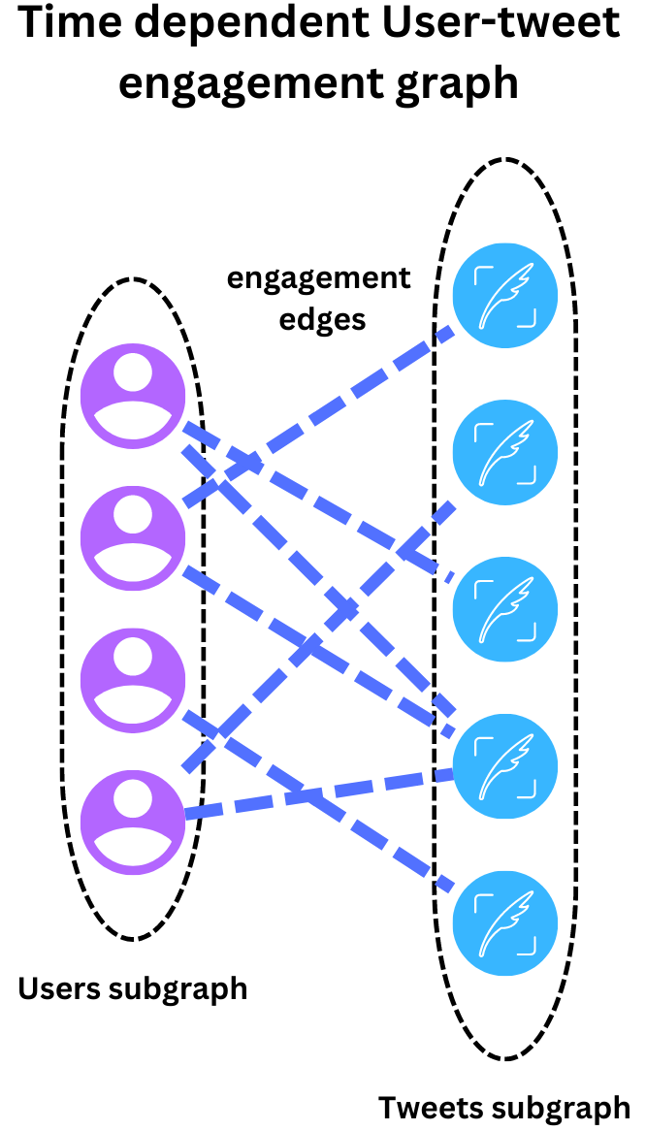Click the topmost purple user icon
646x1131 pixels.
click(x=132, y=395)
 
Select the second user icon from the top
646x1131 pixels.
click(x=132, y=536)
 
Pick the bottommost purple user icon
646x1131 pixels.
click(x=132, y=821)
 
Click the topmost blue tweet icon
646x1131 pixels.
click(x=505, y=293)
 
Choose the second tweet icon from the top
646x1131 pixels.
click(x=505, y=450)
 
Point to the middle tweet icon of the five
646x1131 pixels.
click(x=505, y=608)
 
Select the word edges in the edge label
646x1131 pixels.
click(x=322, y=318)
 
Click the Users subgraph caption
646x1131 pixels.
click(x=133, y=988)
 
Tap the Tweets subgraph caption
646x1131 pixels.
click(x=503, y=1107)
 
